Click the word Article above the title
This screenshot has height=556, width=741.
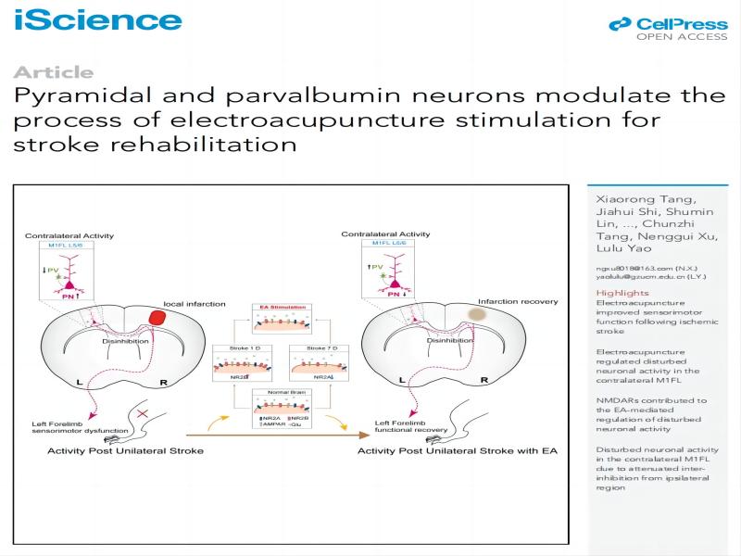coord(54,72)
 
